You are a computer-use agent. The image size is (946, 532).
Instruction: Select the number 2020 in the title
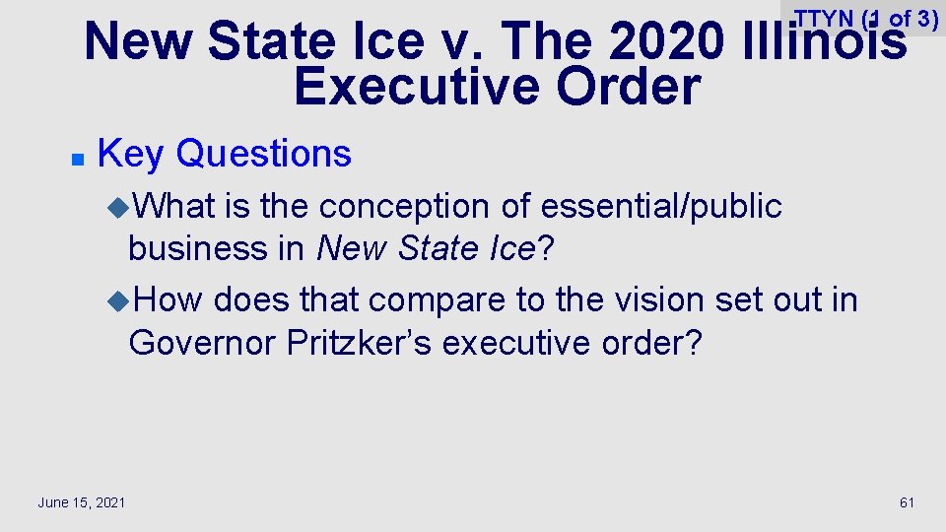point(664,42)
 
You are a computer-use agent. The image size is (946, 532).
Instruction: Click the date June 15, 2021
point(81,502)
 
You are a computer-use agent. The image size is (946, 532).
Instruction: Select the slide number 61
point(907,502)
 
